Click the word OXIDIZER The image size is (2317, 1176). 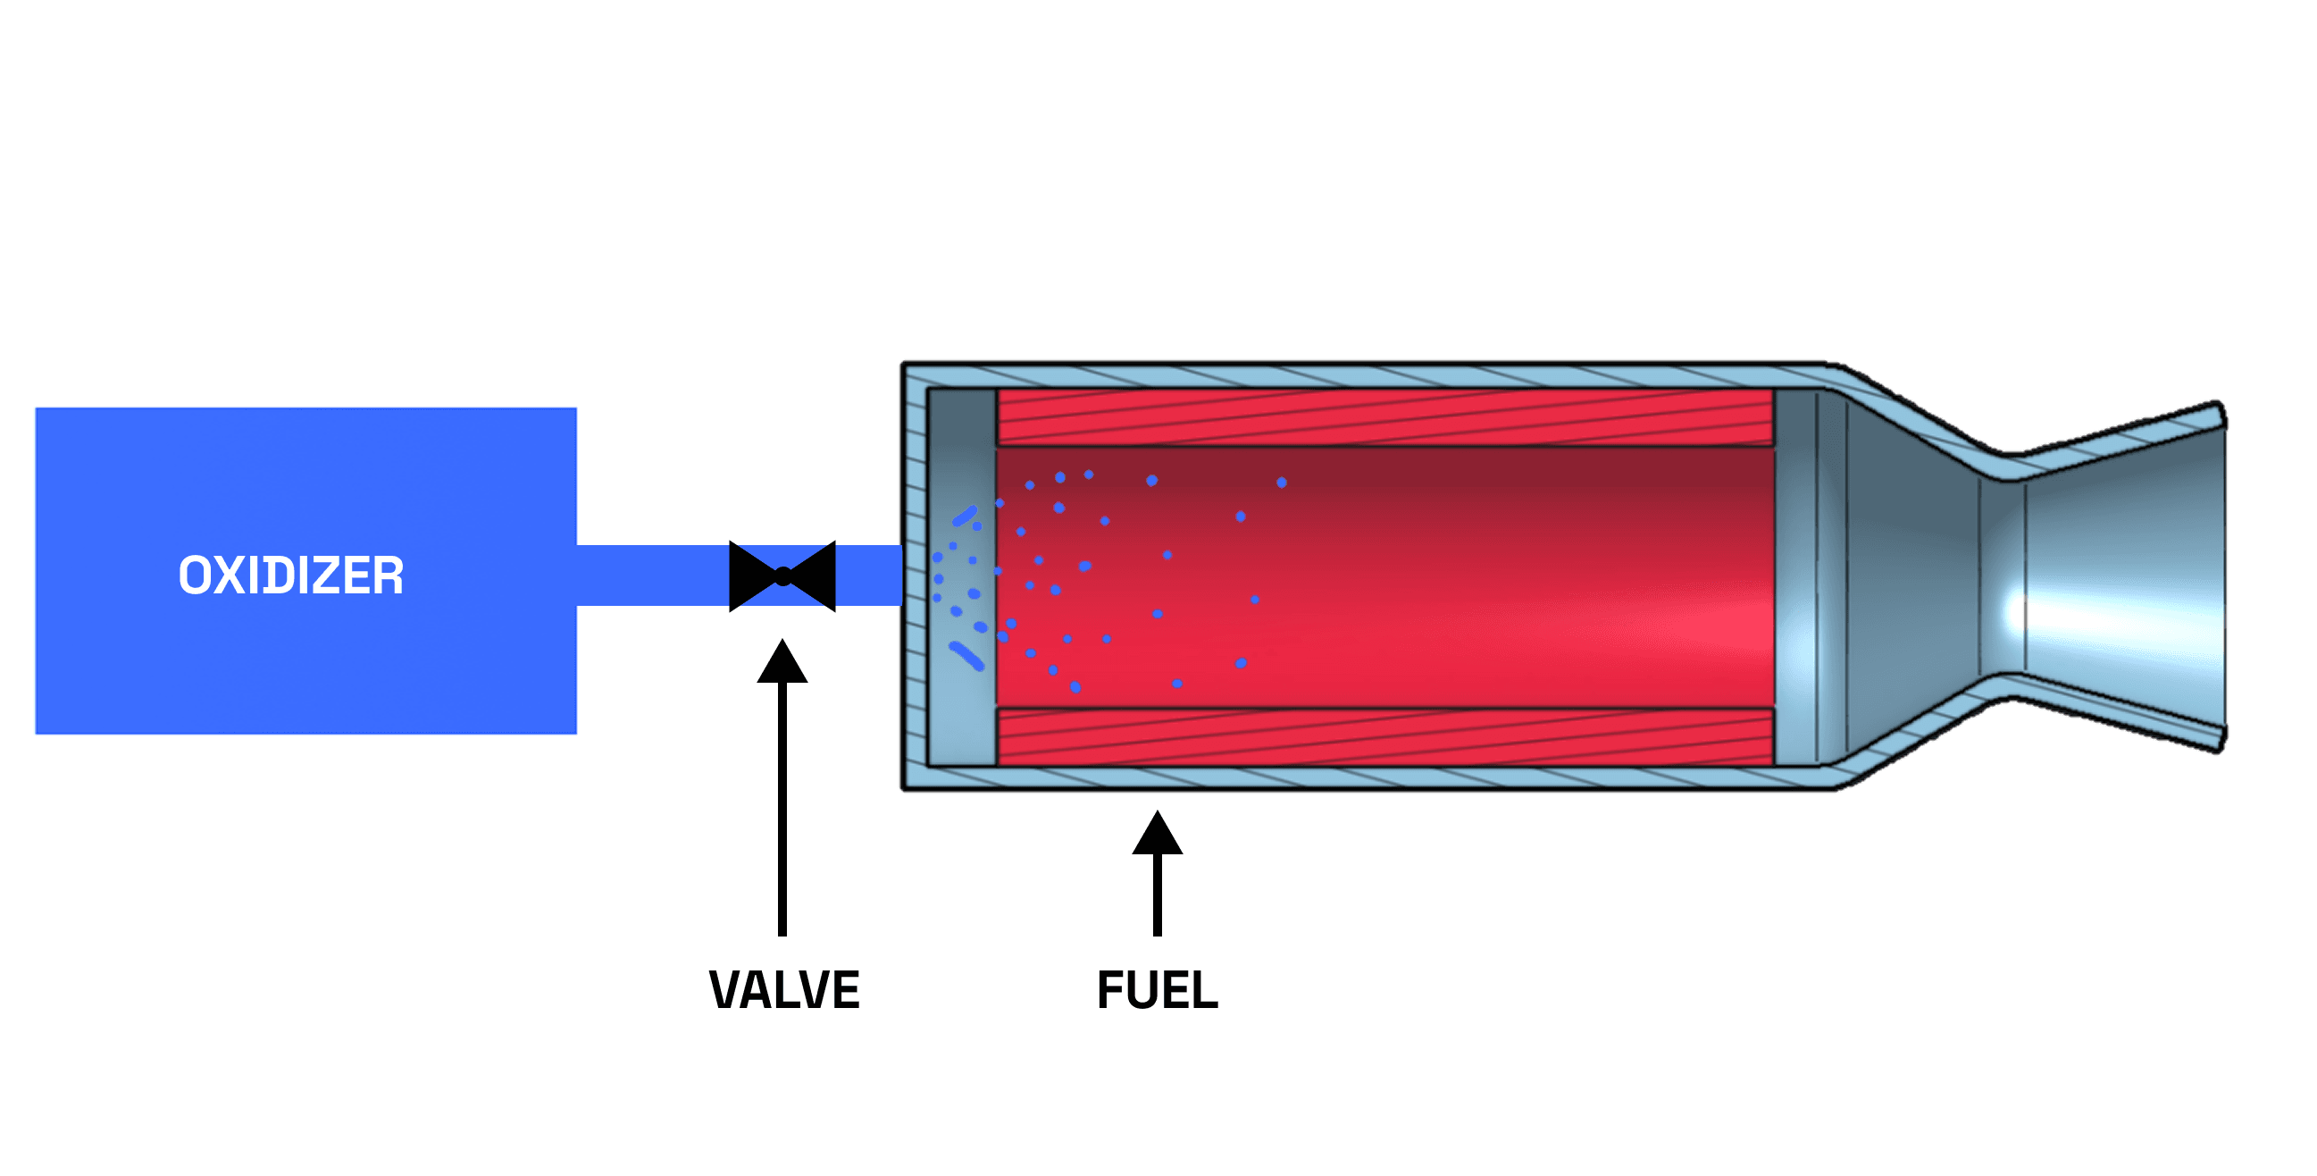[290, 575]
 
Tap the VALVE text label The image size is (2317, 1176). [784, 991]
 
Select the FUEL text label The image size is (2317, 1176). [1158, 991]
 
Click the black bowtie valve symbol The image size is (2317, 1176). [782, 575]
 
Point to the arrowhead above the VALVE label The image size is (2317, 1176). [782, 663]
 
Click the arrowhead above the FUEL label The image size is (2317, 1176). [1158, 834]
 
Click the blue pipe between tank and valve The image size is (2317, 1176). [652, 575]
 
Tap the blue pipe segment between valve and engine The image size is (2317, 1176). [869, 575]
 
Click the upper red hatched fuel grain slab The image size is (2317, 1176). [1385, 417]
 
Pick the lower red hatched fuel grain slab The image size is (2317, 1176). [1385, 737]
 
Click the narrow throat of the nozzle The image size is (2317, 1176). [2004, 575]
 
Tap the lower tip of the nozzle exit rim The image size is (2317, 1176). [2220, 741]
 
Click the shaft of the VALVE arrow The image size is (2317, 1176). [782, 810]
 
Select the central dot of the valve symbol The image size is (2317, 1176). [782, 575]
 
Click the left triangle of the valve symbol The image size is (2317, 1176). [749, 575]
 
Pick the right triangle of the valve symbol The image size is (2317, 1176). [816, 575]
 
